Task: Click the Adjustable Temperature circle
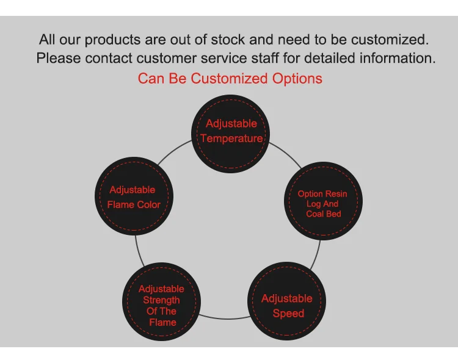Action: (231, 131)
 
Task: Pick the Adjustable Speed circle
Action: (286, 302)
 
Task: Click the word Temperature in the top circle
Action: (231, 139)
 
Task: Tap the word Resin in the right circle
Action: (336, 194)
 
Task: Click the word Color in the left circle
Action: (148, 204)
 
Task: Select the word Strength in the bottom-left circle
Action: (162, 300)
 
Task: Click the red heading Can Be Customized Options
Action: (230, 79)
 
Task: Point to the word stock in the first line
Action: (228, 40)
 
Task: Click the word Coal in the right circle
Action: (315, 214)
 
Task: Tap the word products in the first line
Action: (113, 40)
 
